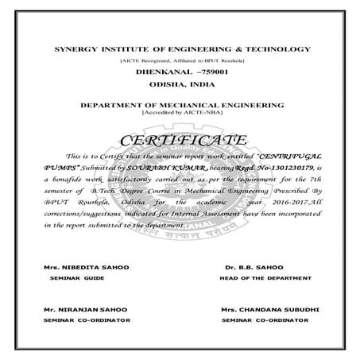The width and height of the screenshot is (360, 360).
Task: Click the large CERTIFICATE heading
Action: (x=180, y=141)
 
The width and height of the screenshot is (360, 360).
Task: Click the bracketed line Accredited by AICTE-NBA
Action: (x=180, y=112)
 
